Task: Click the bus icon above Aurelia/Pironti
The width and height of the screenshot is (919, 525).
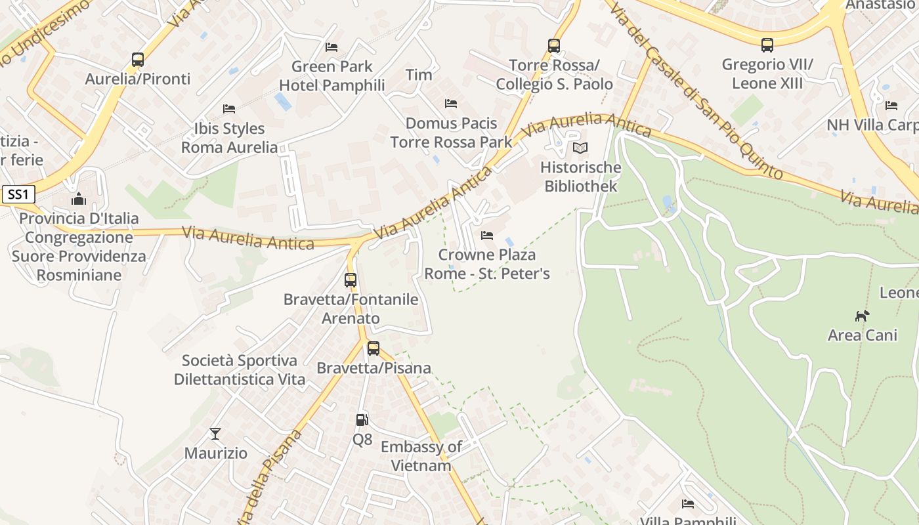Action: tap(138, 60)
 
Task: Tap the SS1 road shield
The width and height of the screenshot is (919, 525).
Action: tap(18, 194)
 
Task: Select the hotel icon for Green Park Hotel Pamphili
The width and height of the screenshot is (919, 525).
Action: tap(331, 47)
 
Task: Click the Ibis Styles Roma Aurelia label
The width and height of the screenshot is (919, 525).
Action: tap(229, 138)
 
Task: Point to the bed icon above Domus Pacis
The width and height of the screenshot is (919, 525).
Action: tap(451, 104)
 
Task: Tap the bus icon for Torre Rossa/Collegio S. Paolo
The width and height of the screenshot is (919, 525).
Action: tap(554, 46)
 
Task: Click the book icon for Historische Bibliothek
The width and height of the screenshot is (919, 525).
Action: tap(580, 148)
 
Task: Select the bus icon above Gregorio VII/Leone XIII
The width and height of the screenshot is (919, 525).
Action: tap(767, 45)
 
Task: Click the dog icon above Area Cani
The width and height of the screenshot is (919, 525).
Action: tap(862, 316)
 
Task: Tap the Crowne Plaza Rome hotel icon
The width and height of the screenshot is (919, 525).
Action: tap(487, 235)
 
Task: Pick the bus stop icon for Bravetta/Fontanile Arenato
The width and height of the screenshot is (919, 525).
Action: tap(351, 280)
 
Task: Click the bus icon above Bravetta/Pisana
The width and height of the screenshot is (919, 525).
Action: tap(374, 348)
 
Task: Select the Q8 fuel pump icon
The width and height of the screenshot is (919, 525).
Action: tap(362, 420)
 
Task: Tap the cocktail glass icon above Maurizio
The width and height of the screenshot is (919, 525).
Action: tap(215, 434)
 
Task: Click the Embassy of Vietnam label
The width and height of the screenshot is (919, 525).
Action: tap(421, 456)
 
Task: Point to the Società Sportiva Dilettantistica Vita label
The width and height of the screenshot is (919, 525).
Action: tap(240, 370)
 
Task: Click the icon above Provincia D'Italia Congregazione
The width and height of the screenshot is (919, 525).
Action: tap(79, 199)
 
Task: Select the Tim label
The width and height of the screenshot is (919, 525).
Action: tap(419, 75)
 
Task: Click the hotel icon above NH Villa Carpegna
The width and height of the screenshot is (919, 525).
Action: tap(891, 105)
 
